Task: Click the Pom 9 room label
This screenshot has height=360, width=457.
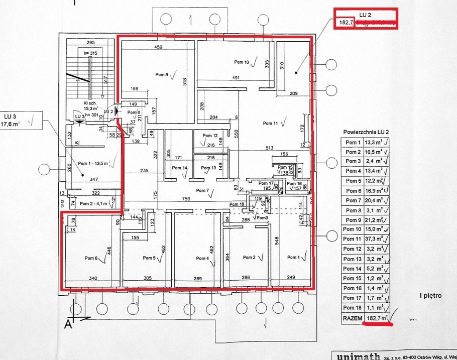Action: pyautogui.click(x=162, y=75)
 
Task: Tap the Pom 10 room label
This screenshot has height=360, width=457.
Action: pyautogui.click(x=241, y=62)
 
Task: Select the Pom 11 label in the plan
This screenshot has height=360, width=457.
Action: pyautogui.click(x=270, y=123)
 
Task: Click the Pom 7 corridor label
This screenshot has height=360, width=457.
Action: pyautogui.click(x=202, y=190)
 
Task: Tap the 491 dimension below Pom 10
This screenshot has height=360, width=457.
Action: pyautogui.click(x=236, y=78)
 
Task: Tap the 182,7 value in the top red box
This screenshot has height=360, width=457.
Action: pyautogui.click(x=346, y=23)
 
